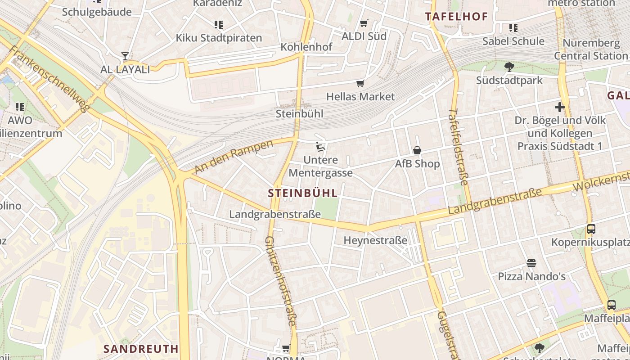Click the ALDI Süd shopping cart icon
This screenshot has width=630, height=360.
(x=364, y=23)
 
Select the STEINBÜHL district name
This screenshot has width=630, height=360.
(x=302, y=193)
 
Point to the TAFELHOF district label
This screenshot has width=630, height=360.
(x=456, y=17)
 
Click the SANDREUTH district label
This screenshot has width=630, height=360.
(x=141, y=349)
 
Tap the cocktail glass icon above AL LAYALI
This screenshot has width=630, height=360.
(x=125, y=56)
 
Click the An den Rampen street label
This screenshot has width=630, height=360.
(x=234, y=157)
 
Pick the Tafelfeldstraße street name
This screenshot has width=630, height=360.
(x=459, y=146)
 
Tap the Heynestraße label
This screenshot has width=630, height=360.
(x=375, y=240)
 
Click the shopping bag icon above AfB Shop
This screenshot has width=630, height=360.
(x=417, y=150)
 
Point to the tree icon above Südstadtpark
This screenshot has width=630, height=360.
(x=509, y=67)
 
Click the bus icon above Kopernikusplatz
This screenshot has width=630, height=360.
(x=591, y=229)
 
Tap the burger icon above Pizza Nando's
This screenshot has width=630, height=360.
(x=531, y=263)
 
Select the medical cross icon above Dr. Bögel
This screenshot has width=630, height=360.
(x=559, y=107)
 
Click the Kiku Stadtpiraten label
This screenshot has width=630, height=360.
(x=219, y=38)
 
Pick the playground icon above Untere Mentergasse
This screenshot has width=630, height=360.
(x=320, y=146)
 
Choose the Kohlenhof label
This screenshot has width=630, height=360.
(x=306, y=47)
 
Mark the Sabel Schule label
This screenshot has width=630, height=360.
(x=513, y=41)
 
